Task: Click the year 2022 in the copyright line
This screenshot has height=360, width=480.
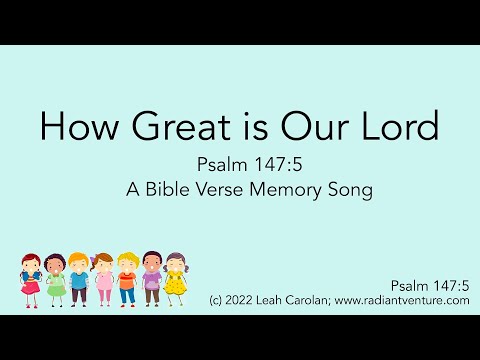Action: [x=246, y=298]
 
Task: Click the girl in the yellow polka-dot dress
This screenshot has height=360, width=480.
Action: [x=176, y=278]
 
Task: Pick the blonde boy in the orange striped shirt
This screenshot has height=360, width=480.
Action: [x=127, y=278]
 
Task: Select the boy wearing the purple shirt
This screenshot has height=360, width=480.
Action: [x=151, y=278]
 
